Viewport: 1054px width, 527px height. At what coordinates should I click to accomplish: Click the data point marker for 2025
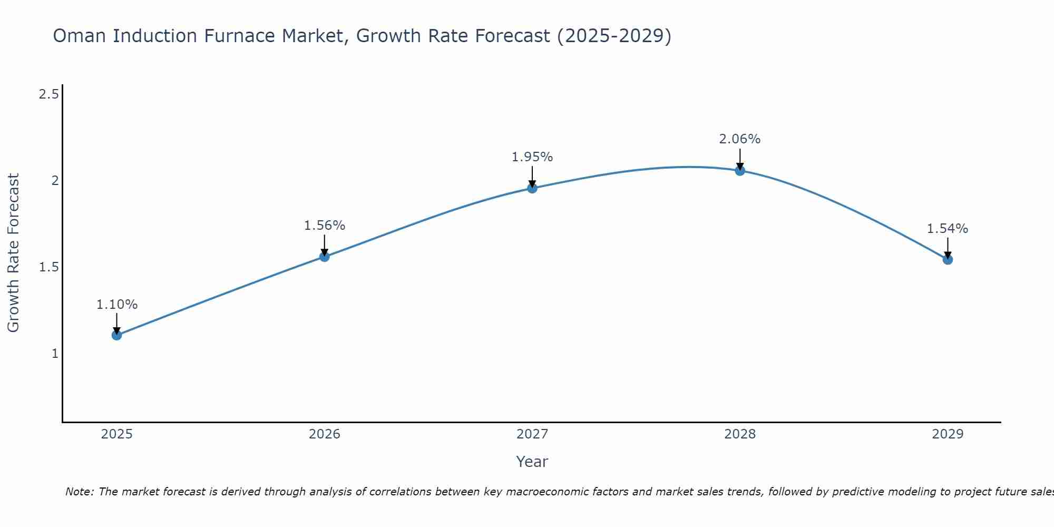point(117,335)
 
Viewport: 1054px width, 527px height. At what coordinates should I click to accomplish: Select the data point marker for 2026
point(325,257)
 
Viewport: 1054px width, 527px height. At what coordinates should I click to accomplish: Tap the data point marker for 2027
point(532,188)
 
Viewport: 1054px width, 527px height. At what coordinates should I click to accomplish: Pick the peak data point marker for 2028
point(740,171)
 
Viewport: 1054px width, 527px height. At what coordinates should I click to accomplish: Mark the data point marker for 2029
point(948,259)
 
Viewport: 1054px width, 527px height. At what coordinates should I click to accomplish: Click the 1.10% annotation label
point(117,305)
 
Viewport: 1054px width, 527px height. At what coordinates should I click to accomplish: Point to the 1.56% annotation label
point(325,226)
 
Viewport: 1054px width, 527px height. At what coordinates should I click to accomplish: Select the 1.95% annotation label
point(532,157)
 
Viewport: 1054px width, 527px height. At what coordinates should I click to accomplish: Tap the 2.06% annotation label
point(740,139)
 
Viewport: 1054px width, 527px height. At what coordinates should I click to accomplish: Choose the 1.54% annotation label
point(948,229)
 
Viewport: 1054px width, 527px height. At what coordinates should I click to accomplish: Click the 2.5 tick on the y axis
point(48,95)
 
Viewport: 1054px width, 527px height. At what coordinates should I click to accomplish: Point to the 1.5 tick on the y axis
point(48,267)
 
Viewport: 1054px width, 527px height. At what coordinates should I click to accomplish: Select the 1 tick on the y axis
point(55,354)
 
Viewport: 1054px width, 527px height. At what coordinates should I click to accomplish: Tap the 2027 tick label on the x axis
point(532,434)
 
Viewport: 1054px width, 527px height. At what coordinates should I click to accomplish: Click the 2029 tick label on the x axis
point(948,434)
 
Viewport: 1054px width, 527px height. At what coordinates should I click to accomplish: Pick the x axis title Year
point(532,462)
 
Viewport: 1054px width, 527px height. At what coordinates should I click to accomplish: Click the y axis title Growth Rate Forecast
point(13,253)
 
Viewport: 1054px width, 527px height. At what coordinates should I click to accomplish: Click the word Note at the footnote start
point(79,492)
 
